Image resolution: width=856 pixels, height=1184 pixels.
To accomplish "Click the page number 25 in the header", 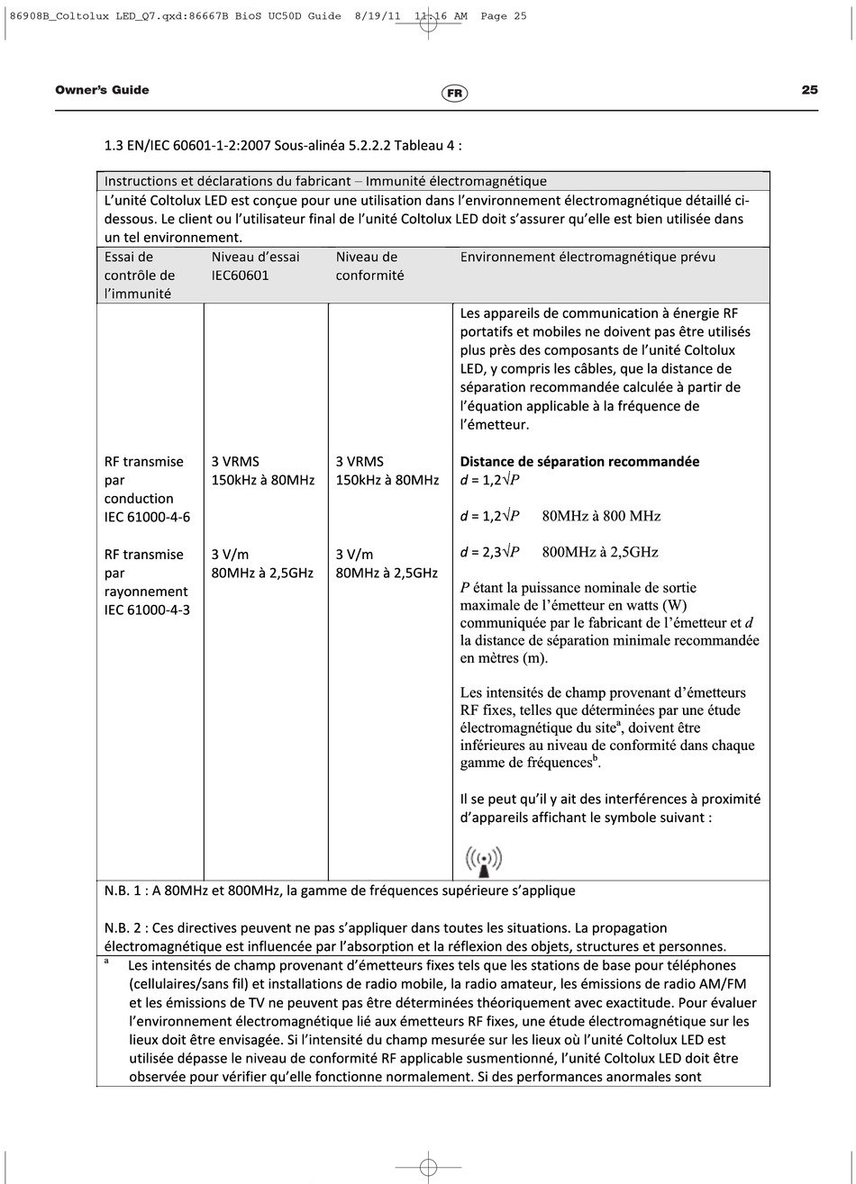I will [x=809, y=90].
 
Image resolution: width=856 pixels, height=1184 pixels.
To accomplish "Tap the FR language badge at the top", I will [x=455, y=93].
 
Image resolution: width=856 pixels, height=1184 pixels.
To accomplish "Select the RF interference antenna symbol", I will [x=483, y=861].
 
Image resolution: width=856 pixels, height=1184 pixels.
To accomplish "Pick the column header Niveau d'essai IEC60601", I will [x=255, y=267].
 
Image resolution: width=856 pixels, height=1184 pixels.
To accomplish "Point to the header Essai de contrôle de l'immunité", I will [x=140, y=276].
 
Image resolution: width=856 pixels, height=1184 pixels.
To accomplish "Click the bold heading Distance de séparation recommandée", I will [x=579, y=462].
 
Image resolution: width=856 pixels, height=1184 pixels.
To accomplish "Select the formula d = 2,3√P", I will [x=489, y=552].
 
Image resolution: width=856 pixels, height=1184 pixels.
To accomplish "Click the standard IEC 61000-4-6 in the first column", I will [x=147, y=517].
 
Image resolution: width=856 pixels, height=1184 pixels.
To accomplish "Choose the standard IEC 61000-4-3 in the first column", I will [x=147, y=610].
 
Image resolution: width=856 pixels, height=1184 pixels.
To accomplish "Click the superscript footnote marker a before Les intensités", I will [x=107, y=962].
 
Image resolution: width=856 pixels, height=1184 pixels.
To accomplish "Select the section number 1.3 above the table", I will [x=114, y=145].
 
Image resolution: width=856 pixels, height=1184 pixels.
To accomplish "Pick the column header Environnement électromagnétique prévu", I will [x=587, y=258].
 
